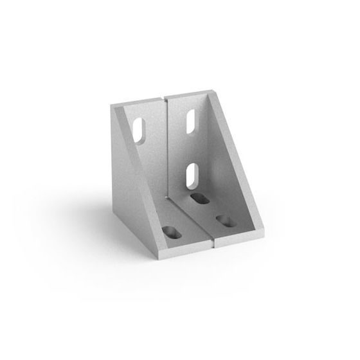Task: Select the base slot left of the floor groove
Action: pos(173,231)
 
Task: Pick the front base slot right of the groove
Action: pos(226,222)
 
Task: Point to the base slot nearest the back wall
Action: pos(200,199)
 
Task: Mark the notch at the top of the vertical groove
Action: pos(166,98)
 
